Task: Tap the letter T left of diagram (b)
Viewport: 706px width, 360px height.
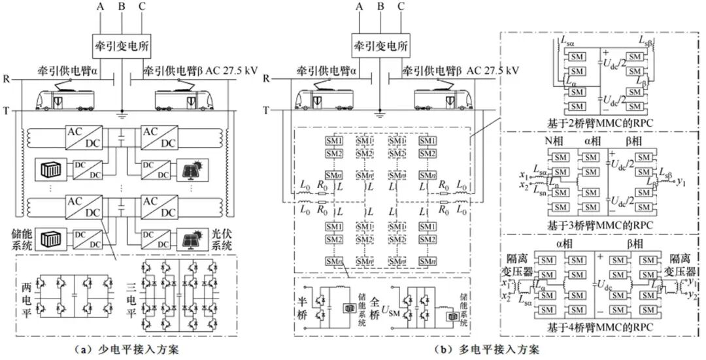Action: coord(266,109)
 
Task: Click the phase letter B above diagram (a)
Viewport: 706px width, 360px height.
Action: coord(121,7)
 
